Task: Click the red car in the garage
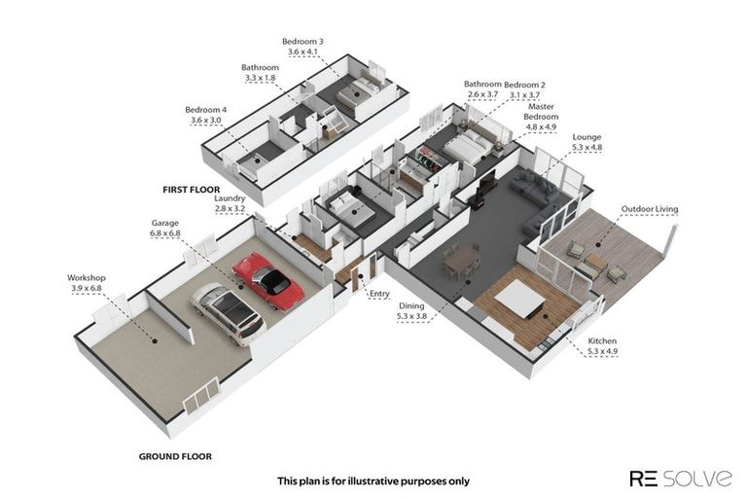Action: point(268,281)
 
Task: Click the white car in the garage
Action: point(229,313)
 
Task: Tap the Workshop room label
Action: point(87,278)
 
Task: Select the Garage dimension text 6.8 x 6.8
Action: point(165,233)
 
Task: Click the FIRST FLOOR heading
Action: point(192,190)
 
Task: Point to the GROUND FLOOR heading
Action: point(175,456)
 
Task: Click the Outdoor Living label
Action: point(650,209)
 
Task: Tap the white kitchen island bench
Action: point(519,300)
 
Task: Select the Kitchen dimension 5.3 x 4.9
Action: point(602,352)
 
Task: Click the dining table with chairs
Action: point(461,261)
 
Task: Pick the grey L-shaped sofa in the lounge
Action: point(538,201)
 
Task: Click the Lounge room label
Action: point(587,137)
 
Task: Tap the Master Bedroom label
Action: point(541,112)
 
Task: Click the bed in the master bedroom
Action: point(468,145)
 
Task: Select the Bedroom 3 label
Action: point(302,42)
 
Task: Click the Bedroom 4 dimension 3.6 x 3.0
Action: point(206,120)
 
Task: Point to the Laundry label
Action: point(230,198)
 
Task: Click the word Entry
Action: point(379,294)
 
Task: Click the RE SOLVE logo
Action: point(681,478)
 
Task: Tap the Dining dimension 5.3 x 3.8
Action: point(411,316)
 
